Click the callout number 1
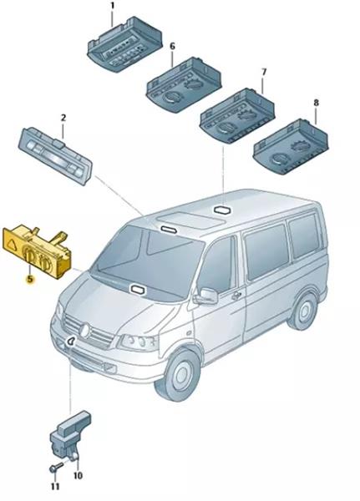(112, 6)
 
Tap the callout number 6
(173, 46)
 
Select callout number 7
(263, 72)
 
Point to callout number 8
(316, 103)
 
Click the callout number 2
(63, 118)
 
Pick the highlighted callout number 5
(30, 279)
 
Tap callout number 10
(78, 476)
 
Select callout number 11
(55, 487)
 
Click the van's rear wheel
(302, 311)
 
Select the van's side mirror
(206, 296)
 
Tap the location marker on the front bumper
(71, 342)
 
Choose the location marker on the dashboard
(138, 290)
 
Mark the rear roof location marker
(223, 210)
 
